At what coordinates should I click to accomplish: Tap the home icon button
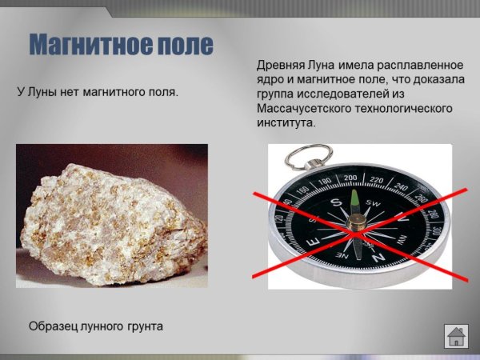(x=456, y=335)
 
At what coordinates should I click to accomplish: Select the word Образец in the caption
(x=54, y=326)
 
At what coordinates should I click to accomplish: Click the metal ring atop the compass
(x=308, y=156)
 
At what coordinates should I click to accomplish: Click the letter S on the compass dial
(x=336, y=202)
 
